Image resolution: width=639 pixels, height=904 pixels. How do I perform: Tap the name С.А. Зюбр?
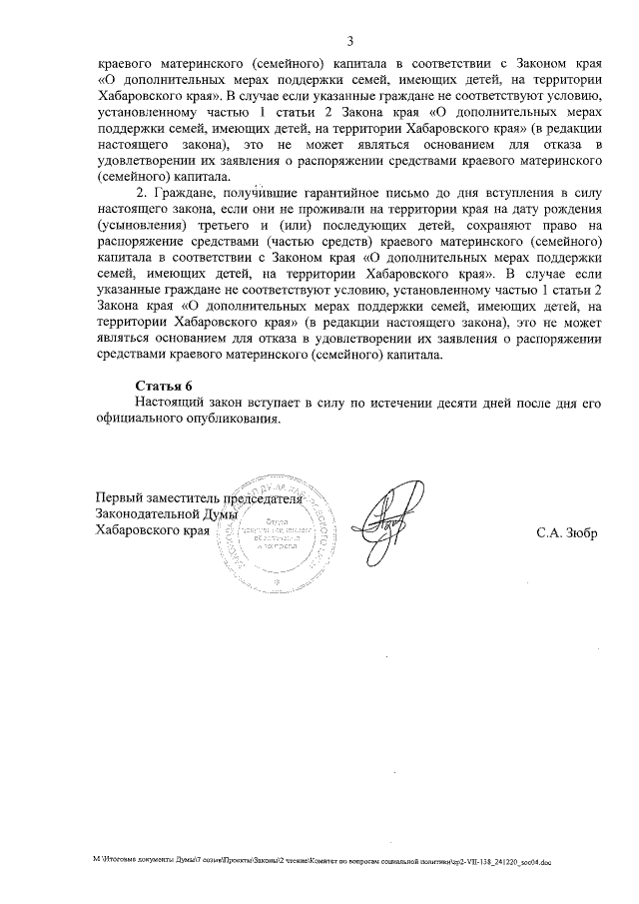coord(565,531)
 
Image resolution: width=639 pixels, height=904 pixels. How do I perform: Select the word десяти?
coord(430,402)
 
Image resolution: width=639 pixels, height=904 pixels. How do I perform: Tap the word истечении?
coord(374,402)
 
